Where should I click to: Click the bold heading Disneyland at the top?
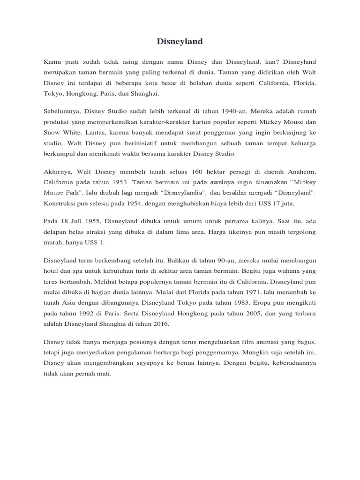180,42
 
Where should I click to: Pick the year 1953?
119,183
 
